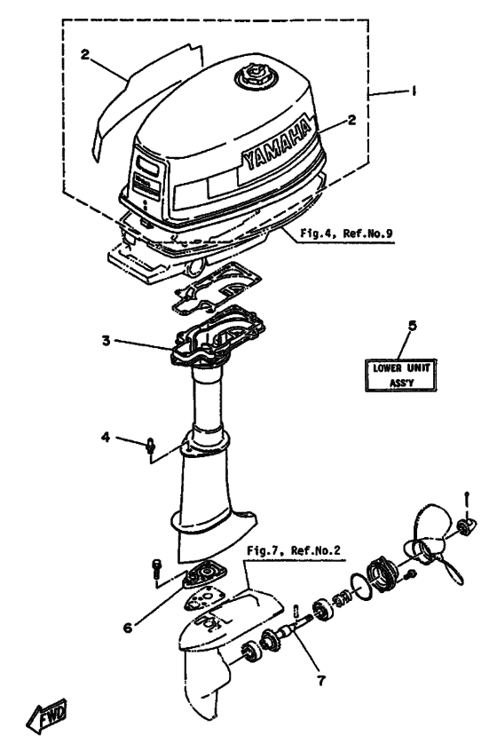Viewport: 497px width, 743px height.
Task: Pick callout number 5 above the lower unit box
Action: tap(410, 326)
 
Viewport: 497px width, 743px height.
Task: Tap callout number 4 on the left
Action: tap(105, 436)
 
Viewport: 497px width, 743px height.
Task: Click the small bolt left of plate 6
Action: tap(156, 569)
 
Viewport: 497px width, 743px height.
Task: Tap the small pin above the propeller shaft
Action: tap(296, 610)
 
